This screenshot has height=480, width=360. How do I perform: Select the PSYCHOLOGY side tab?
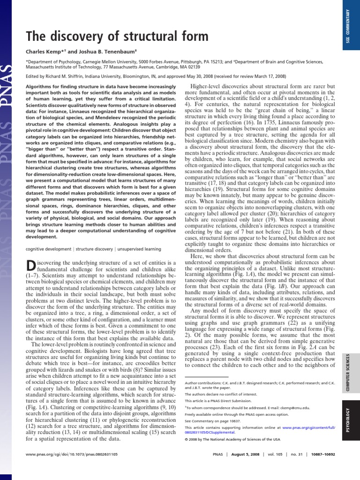[347, 422]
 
